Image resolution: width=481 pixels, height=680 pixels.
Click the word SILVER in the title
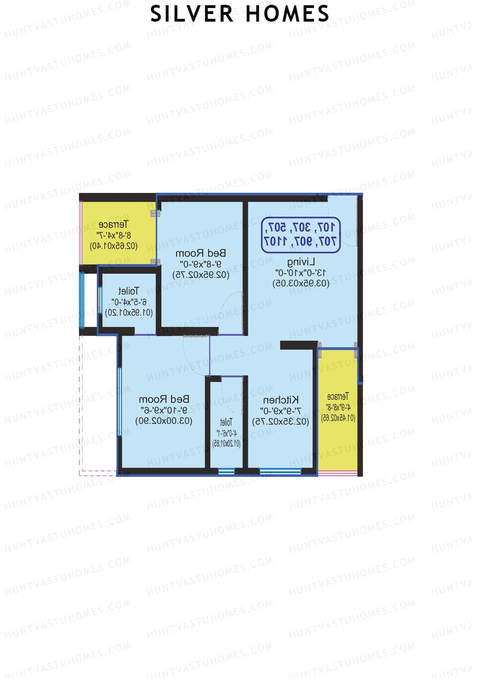(191, 14)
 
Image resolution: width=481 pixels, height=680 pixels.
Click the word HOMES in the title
(287, 14)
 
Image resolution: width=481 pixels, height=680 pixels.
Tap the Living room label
(301, 262)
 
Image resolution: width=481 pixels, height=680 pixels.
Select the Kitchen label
(281, 400)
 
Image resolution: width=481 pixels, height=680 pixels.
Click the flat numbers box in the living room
(301, 235)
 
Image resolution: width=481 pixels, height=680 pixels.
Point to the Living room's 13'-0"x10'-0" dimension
(301, 273)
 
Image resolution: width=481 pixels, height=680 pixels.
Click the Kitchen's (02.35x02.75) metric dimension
(281, 422)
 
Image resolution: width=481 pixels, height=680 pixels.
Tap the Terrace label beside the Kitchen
(338, 397)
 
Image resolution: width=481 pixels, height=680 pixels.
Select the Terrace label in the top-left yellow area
(113, 224)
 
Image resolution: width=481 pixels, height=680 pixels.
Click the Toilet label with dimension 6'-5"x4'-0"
(129, 291)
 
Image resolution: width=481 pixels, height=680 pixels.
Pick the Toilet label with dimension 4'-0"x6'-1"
(226, 422)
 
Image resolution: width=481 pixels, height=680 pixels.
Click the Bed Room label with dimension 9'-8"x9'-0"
(201, 254)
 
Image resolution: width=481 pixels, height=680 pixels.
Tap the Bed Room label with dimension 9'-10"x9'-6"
(164, 400)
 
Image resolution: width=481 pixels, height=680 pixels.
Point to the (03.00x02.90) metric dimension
(164, 421)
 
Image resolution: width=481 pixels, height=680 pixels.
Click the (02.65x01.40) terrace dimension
(113, 246)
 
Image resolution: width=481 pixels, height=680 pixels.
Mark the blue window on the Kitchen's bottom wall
(280, 471)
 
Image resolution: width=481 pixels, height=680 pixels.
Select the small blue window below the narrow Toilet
(226, 471)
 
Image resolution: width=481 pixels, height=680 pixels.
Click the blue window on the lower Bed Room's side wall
(119, 402)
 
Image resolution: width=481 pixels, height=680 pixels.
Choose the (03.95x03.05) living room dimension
(301, 284)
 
